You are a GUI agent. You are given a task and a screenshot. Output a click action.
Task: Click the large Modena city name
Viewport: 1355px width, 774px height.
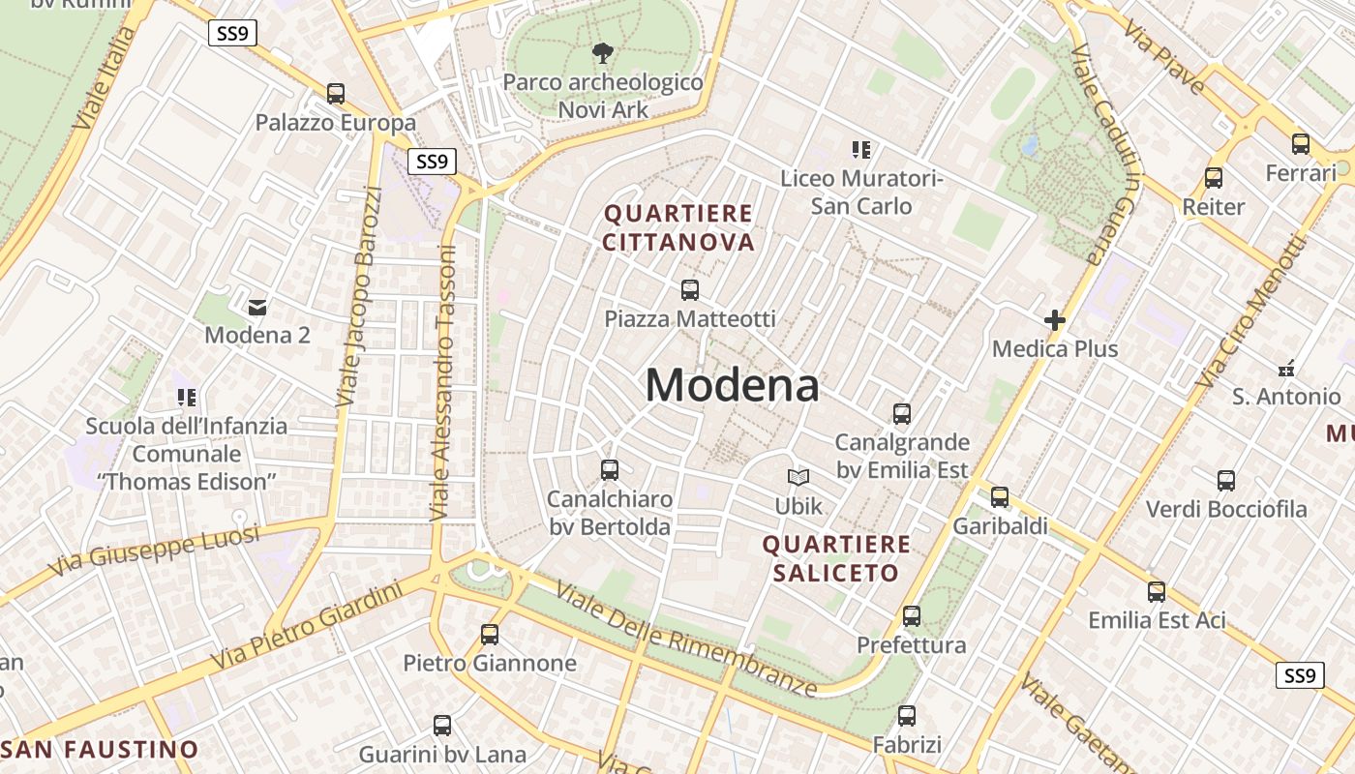pos(732,385)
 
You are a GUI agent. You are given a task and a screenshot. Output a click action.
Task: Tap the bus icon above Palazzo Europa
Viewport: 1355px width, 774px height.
pos(336,94)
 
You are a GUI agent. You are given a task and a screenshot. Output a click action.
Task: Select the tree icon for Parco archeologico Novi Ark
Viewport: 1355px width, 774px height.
pos(602,52)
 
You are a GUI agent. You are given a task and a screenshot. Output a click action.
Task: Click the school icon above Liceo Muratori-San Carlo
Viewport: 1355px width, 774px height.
pos(861,150)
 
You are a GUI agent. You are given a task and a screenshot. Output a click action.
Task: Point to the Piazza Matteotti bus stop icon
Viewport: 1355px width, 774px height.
pos(690,289)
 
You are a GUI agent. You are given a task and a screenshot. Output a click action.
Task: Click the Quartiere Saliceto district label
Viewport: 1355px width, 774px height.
pos(836,558)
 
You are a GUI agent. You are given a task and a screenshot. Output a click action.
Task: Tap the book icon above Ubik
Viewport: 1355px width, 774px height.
pos(798,477)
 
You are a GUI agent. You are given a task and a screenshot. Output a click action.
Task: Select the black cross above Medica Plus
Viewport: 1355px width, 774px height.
pos(1055,320)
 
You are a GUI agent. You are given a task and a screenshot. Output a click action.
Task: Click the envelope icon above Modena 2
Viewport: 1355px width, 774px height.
pos(257,308)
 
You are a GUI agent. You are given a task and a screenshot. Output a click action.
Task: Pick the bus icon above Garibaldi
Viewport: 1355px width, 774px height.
pos(1000,497)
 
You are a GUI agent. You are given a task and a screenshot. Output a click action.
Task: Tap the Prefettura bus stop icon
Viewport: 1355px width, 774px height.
pos(911,616)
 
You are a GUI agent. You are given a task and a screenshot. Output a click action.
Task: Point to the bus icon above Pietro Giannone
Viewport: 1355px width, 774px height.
pos(490,635)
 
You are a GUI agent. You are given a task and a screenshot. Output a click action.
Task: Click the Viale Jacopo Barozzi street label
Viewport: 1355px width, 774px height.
pos(359,295)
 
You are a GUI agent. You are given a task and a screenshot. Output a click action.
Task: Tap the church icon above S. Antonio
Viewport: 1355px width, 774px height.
pos(1286,368)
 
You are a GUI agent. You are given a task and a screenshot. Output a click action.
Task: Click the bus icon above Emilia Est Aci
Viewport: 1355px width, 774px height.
pos(1157,592)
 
